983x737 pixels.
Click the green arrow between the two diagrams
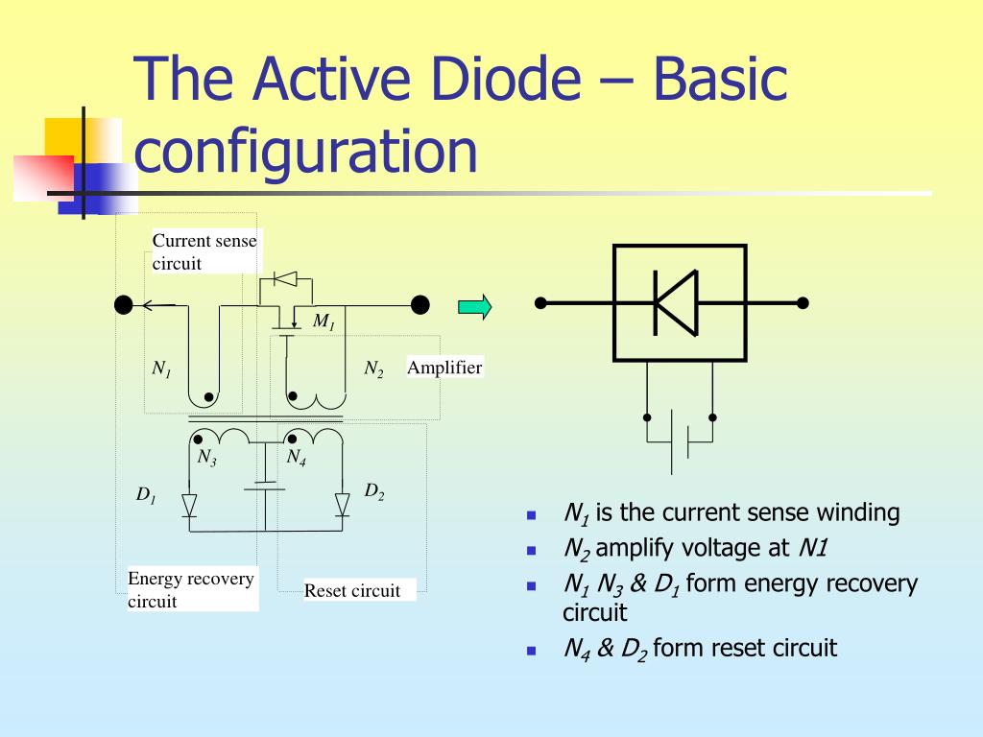(474, 307)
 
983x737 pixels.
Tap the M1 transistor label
(324, 322)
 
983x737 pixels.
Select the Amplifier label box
(444, 368)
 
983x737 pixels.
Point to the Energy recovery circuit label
(191, 589)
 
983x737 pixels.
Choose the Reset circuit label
(352, 590)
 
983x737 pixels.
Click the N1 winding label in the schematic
(161, 368)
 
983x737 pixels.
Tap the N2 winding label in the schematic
(373, 368)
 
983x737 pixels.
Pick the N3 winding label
(206, 458)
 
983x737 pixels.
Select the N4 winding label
(297, 458)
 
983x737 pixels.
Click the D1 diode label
(145, 496)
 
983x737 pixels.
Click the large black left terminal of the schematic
(124, 305)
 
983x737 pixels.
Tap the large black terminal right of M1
(420, 305)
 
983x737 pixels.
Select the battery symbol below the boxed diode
(680, 441)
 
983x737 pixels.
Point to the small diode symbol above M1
(286, 279)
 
